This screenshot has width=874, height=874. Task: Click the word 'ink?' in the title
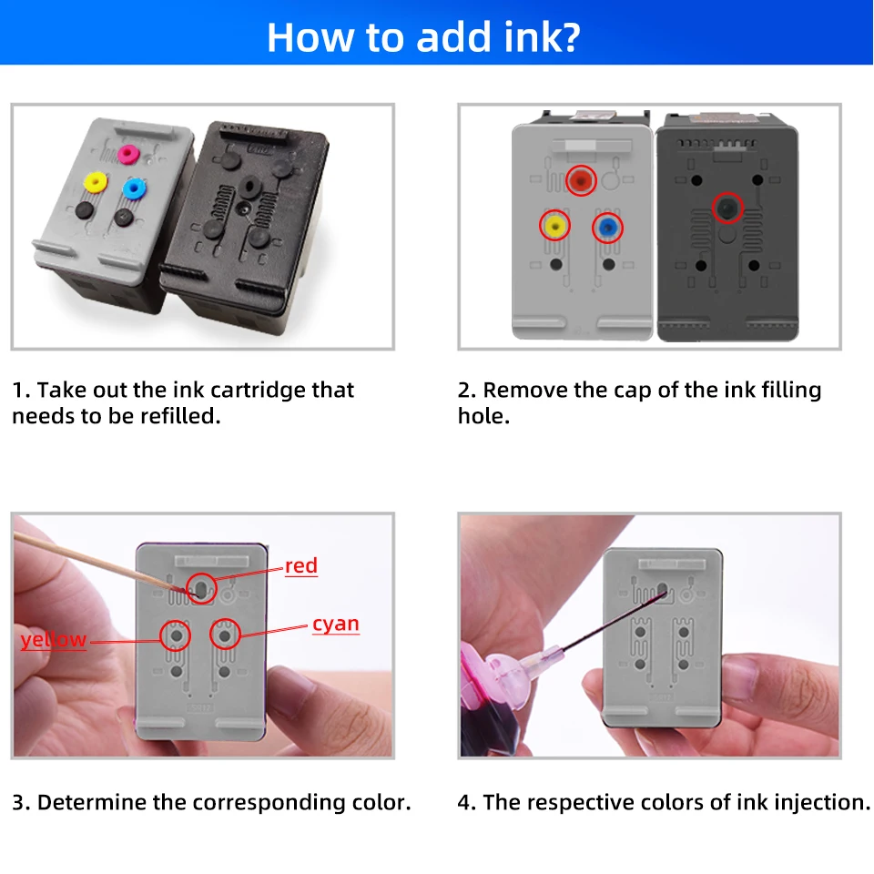pos(541,37)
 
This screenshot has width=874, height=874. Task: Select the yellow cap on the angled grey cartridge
pos(95,182)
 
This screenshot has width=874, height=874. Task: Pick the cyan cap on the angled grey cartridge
pos(134,188)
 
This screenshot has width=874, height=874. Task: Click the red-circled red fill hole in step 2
pos(581,180)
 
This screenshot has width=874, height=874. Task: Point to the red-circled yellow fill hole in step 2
pos(554,226)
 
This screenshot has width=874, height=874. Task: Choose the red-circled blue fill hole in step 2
pos(607,228)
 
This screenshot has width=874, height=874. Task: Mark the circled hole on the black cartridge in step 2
pos(727,208)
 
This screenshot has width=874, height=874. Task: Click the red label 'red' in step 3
pos(301,565)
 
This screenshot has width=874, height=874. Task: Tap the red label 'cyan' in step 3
pos(336,625)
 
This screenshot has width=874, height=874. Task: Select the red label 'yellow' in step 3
pos(54,639)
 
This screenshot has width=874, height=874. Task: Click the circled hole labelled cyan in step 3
pos(225,635)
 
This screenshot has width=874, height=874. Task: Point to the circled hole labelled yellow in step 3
pos(176,635)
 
